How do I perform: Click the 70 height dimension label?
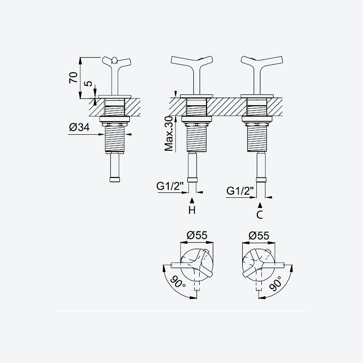click(74, 78)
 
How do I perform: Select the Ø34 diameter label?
click(79, 127)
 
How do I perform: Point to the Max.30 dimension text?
click(168, 133)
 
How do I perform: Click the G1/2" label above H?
click(170, 186)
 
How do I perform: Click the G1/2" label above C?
click(240, 191)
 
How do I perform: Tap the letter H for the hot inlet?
click(192, 210)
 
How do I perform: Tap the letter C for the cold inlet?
click(260, 215)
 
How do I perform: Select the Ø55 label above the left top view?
click(197, 235)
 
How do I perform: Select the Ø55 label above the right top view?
click(259, 235)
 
